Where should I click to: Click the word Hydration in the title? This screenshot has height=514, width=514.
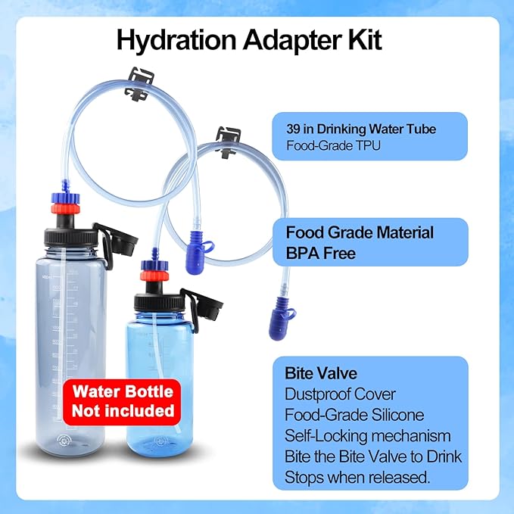176,41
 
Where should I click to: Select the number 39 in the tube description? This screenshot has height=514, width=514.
294,129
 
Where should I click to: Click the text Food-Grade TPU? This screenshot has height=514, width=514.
333,145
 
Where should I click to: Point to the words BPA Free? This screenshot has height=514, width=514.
321,254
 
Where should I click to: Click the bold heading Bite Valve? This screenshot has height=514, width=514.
321,373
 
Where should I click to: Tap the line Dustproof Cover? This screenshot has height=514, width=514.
340,394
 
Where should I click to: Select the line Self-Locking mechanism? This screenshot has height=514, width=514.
367,436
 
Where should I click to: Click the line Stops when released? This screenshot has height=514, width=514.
357,477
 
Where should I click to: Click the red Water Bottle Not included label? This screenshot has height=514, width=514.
123,401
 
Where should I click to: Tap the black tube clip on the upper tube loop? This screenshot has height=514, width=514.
139,84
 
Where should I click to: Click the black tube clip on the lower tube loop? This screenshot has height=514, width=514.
229,142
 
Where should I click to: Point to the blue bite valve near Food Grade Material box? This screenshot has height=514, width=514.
198,252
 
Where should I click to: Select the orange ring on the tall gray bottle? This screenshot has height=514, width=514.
66,208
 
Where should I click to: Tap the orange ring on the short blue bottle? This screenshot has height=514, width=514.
154,276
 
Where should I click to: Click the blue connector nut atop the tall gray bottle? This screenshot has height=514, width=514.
66,198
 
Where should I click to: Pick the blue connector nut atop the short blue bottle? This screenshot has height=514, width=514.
154,265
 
